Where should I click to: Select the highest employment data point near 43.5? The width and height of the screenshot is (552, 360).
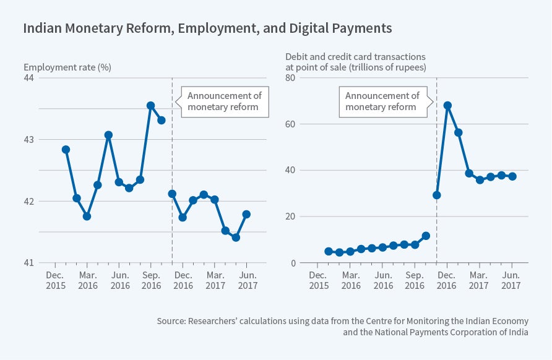[x=150, y=106]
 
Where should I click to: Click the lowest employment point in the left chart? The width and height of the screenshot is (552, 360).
[x=236, y=238]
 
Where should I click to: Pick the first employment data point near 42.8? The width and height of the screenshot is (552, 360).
[x=66, y=150]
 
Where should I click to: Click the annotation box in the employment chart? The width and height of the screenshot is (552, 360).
[x=224, y=101]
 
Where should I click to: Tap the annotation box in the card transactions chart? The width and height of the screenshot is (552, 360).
[x=382, y=101]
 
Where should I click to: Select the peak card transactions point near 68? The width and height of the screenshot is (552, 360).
[x=447, y=105]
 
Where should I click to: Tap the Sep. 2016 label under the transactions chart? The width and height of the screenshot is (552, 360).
[x=415, y=280]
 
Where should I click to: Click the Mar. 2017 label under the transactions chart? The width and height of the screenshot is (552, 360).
[x=479, y=280]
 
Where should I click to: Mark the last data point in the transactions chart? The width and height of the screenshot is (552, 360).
[x=512, y=176]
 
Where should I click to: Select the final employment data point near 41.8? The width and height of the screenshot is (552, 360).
[x=246, y=214]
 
